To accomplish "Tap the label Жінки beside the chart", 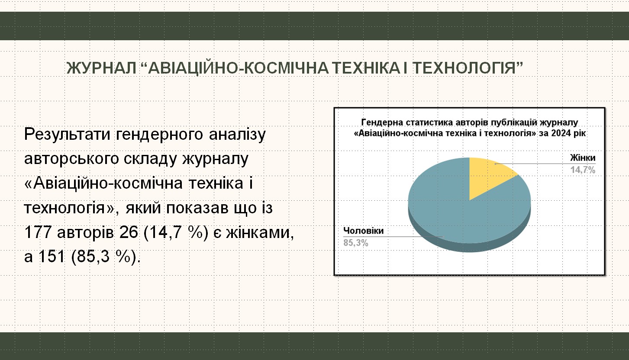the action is (x=583, y=158).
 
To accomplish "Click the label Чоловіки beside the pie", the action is (x=363, y=231).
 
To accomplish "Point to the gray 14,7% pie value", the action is (x=583, y=170).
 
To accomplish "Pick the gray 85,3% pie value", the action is (x=356, y=243).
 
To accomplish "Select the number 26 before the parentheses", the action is (x=129, y=233).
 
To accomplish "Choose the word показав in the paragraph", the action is (x=197, y=208).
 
